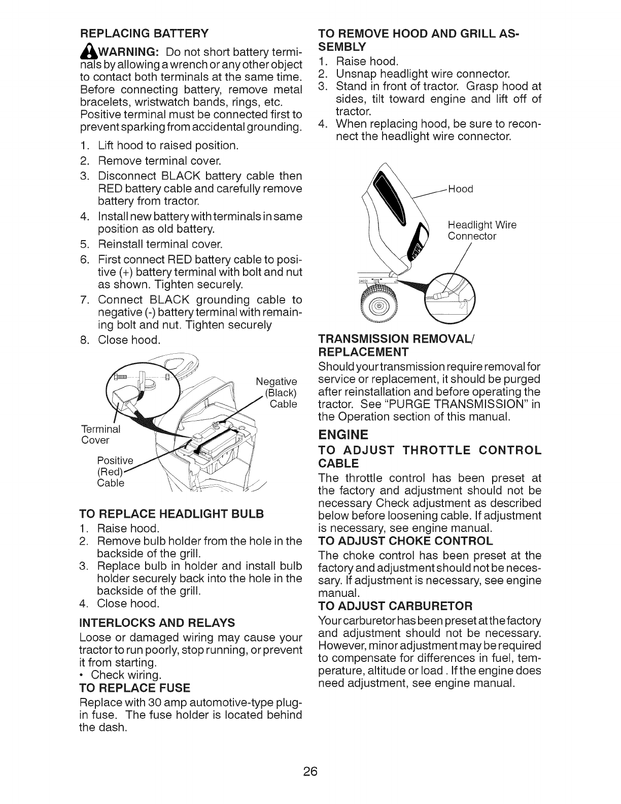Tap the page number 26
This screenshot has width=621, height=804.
pyautogui.click(x=310, y=772)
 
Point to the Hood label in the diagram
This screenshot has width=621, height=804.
pyautogui.click(x=461, y=189)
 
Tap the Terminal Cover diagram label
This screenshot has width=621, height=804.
pyautogui.click(x=100, y=434)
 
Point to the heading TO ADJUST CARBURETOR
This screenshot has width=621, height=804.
pyautogui.click(x=395, y=606)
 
